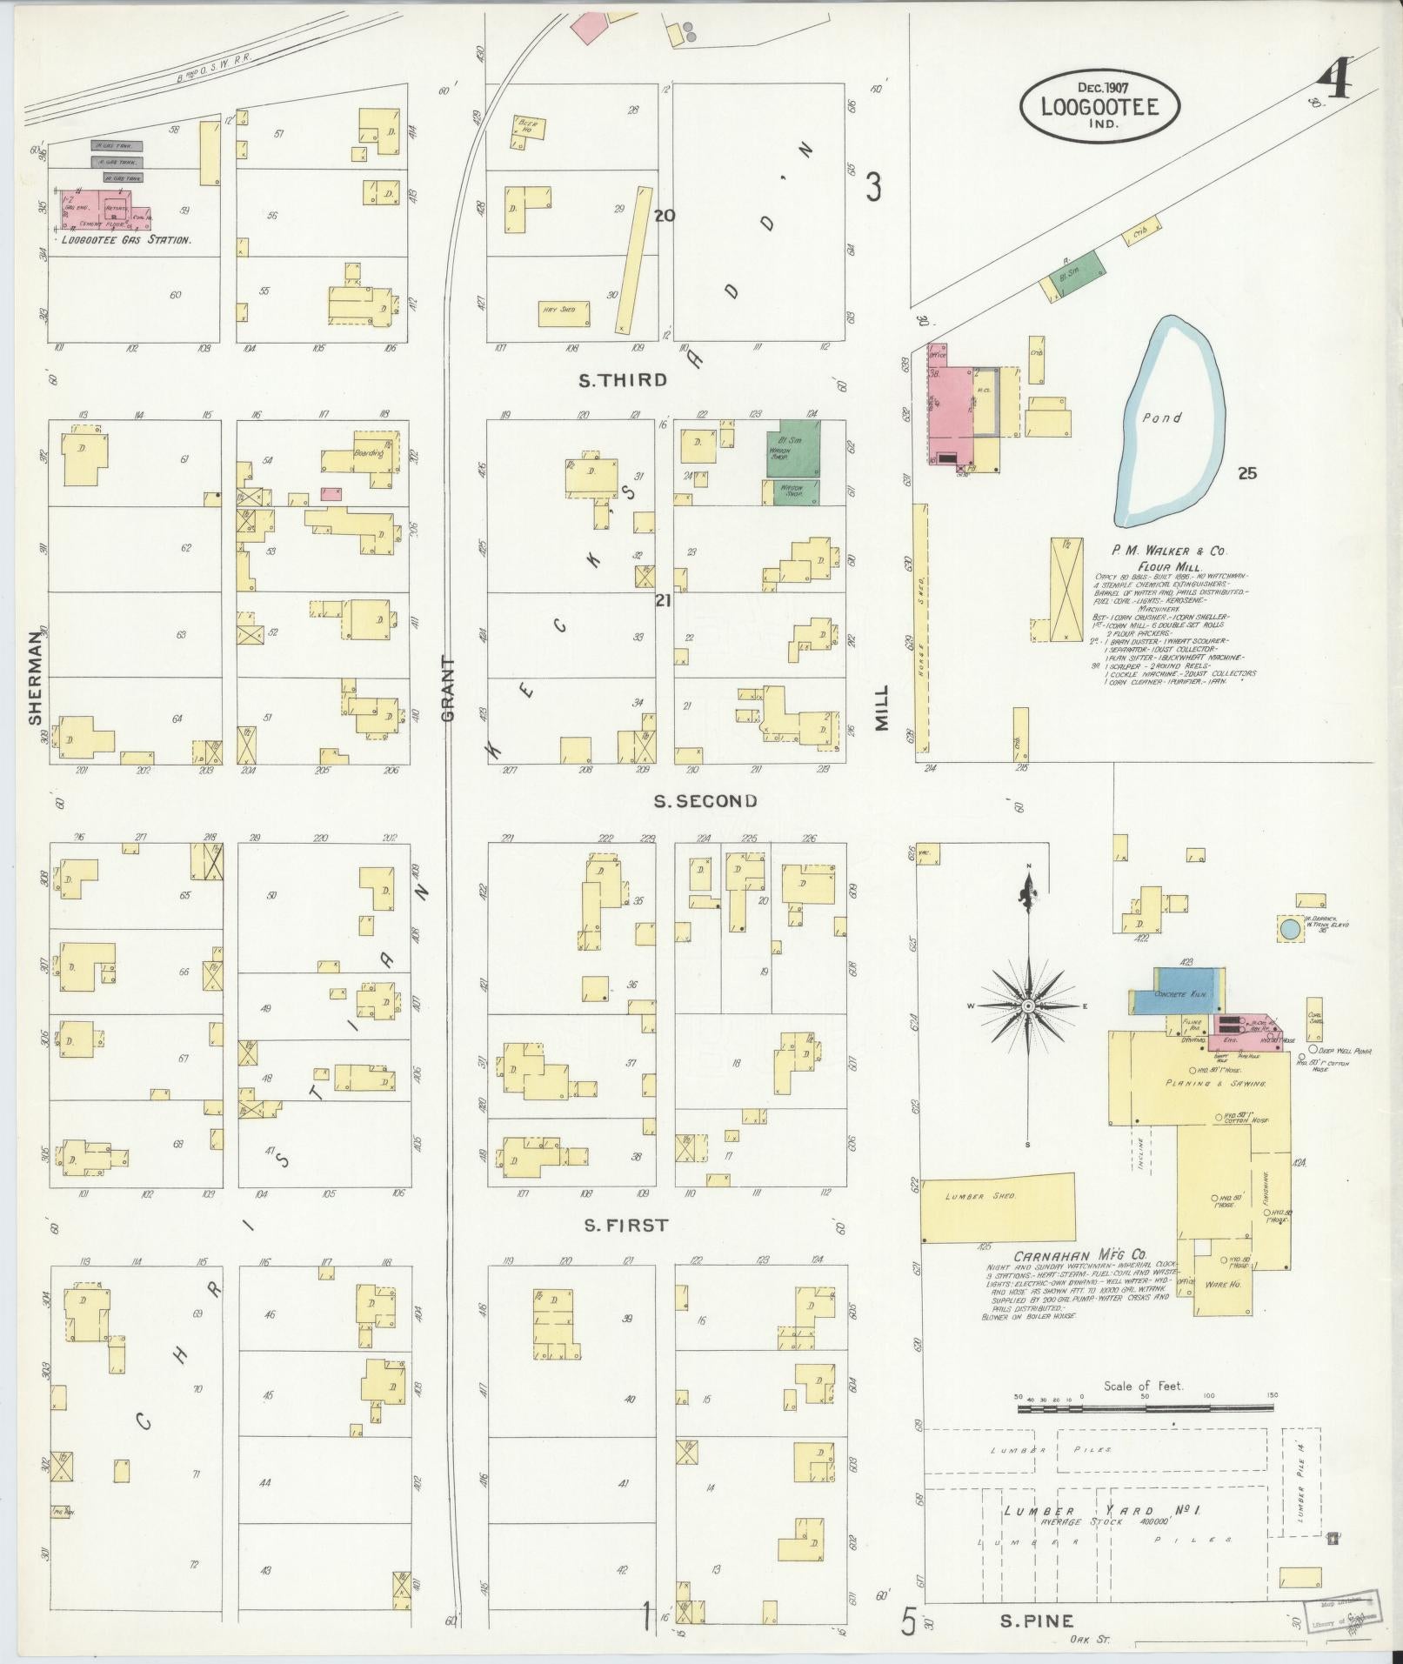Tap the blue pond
(1171, 422)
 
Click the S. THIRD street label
(625, 380)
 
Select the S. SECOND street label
(705, 801)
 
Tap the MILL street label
(882, 707)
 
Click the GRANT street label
(449, 688)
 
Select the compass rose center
(1028, 1006)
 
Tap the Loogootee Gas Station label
(126, 239)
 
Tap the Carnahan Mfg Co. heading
(1079, 1256)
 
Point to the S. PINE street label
(1036, 1621)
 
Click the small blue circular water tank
(1290, 929)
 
